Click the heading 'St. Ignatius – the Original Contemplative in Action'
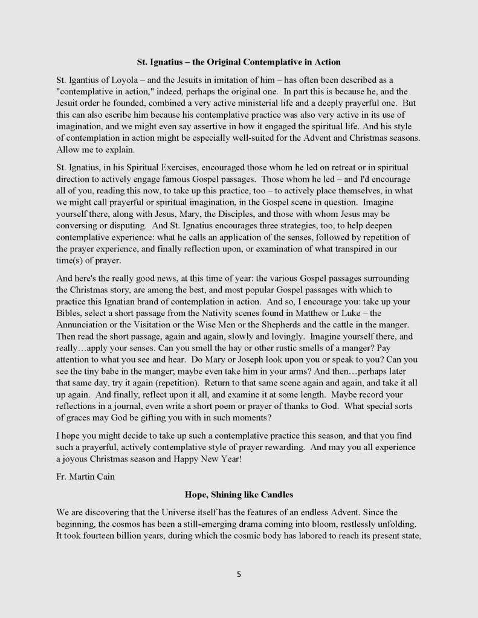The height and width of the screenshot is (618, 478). click(x=239, y=62)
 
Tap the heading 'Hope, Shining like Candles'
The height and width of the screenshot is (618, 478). click(x=239, y=494)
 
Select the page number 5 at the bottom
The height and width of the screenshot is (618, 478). click(x=239, y=575)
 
